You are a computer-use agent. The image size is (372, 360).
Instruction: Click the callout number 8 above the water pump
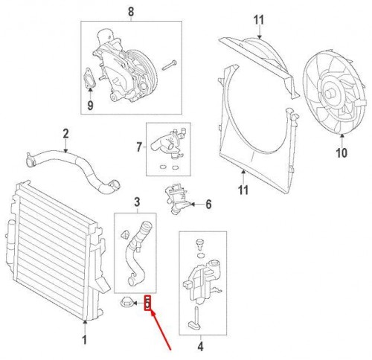pos(131,12)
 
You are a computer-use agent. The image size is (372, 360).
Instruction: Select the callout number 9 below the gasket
pos(90,105)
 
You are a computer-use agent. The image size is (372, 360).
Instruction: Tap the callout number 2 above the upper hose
pos(65,133)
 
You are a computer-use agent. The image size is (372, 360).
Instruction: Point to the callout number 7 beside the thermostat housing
pos(139,147)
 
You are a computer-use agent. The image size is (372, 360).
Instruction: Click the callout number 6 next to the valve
pos(208,205)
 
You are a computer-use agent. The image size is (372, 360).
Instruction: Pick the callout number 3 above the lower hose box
pos(137,202)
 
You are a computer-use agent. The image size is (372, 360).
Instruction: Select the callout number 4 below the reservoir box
pos(200,347)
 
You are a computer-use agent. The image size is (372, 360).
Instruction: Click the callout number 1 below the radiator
pos(85,340)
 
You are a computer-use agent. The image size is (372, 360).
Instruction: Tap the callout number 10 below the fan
pos(341,152)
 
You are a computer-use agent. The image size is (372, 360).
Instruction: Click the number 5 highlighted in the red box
pos(147,303)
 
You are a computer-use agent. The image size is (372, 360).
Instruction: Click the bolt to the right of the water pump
pos(170,65)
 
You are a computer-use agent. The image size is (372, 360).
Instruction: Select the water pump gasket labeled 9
pos(89,78)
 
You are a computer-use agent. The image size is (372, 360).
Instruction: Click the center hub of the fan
pos(330,94)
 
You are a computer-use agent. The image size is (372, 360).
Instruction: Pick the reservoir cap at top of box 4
pos(199,243)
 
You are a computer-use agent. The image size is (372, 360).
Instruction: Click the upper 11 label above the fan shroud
pos(259,20)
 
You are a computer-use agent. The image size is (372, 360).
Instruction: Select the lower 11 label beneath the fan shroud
pos(243,190)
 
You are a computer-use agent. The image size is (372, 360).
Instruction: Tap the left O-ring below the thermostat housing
pos(162,167)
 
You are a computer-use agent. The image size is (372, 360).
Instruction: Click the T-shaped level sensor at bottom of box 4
pos(196,319)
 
